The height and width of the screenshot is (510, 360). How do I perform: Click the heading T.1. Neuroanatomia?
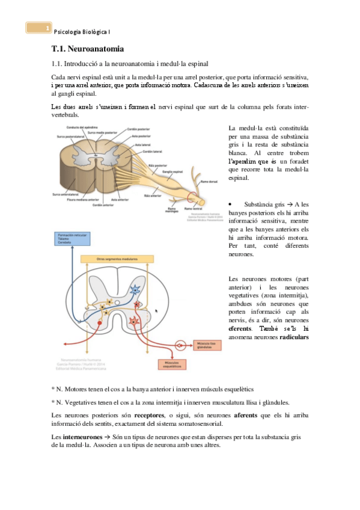pos(88,48)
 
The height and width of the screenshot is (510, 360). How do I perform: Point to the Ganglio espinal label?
pos(174,171)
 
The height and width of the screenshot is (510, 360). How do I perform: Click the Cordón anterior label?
pos(120,205)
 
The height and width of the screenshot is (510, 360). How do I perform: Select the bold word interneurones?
pos(77,435)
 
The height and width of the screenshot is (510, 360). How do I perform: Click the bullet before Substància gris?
pos(231,204)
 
